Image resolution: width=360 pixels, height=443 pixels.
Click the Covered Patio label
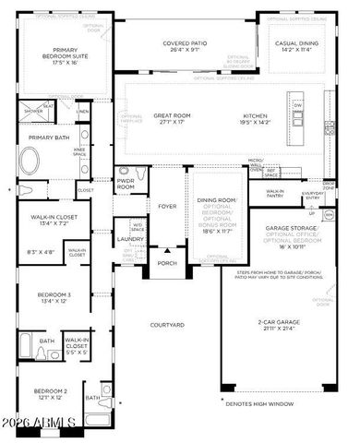point(185,43)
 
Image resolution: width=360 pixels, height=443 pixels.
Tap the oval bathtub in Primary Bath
point(31,165)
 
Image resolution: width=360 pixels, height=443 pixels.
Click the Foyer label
point(167,206)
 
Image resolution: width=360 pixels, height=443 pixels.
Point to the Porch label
point(167,263)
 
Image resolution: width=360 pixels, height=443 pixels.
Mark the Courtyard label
point(168,325)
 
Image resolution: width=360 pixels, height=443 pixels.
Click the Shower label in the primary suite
point(32,111)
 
